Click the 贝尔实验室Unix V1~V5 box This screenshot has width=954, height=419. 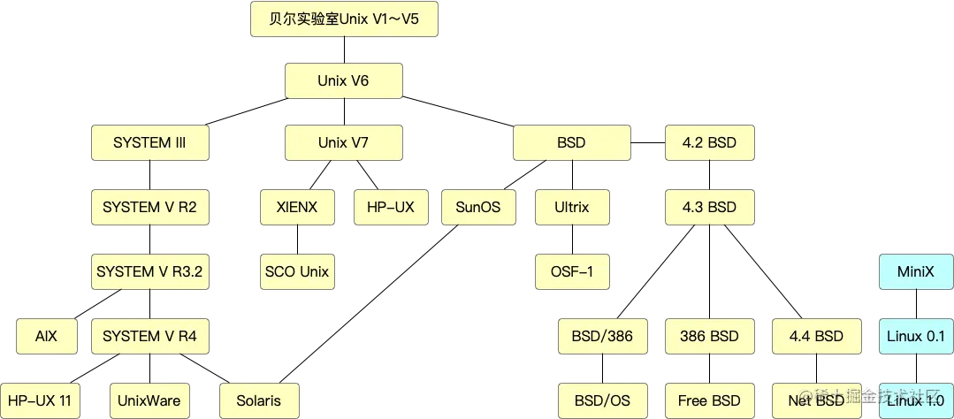click(x=343, y=19)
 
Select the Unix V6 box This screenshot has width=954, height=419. click(x=343, y=81)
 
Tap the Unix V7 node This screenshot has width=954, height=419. click(x=343, y=142)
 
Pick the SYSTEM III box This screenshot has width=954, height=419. click(x=149, y=142)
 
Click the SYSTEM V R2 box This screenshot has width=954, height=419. click(x=149, y=208)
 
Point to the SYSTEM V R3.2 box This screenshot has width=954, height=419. click(x=149, y=271)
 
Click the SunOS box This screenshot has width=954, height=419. click(x=477, y=208)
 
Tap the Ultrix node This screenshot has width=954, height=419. click(x=571, y=208)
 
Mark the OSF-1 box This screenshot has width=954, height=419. click(x=571, y=271)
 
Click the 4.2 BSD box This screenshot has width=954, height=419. click(x=709, y=142)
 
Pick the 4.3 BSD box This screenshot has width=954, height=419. click(x=709, y=208)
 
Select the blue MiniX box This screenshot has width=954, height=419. click(x=915, y=271)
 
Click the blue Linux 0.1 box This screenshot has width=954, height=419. click(x=915, y=336)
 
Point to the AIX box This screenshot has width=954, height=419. click(x=46, y=336)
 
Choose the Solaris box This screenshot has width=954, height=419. click(x=258, y=400)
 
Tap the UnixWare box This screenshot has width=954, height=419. click(x=149, y=400)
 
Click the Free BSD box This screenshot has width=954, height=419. click(x=709, y=400)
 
